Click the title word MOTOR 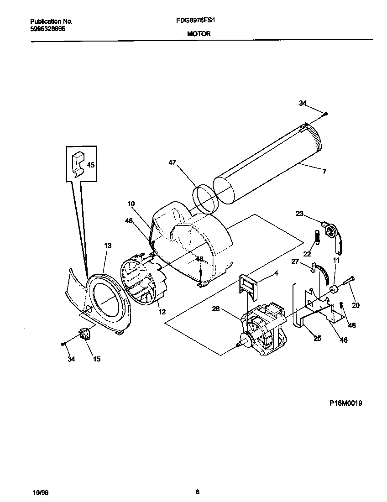(x=199, y=33)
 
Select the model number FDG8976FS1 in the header (x=199, y=21)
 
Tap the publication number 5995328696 (x=47, y=28)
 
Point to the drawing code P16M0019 (x=345, y=403)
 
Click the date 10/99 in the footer (x=40, y=492)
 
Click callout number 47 (x=172, y=162)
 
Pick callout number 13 (x=108, y=246)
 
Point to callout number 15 (x=97, y=359)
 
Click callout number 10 (x=131, y=204)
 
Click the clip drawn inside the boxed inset (x=78, y=164)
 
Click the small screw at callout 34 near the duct (x=325, y=114)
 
